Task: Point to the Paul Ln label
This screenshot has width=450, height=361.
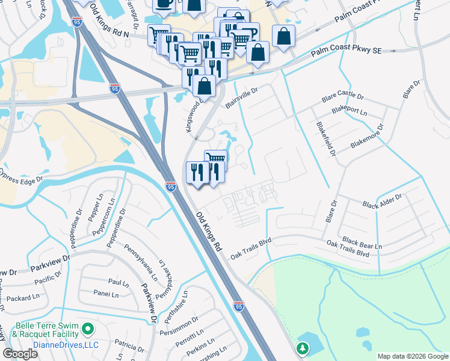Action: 119,282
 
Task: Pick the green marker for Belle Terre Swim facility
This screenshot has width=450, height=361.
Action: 88,329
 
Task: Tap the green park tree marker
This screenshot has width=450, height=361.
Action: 303,348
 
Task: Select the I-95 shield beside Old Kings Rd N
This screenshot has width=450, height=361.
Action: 76,21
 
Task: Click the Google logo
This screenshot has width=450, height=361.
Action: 20,353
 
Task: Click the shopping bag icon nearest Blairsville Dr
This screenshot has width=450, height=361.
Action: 205,85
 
